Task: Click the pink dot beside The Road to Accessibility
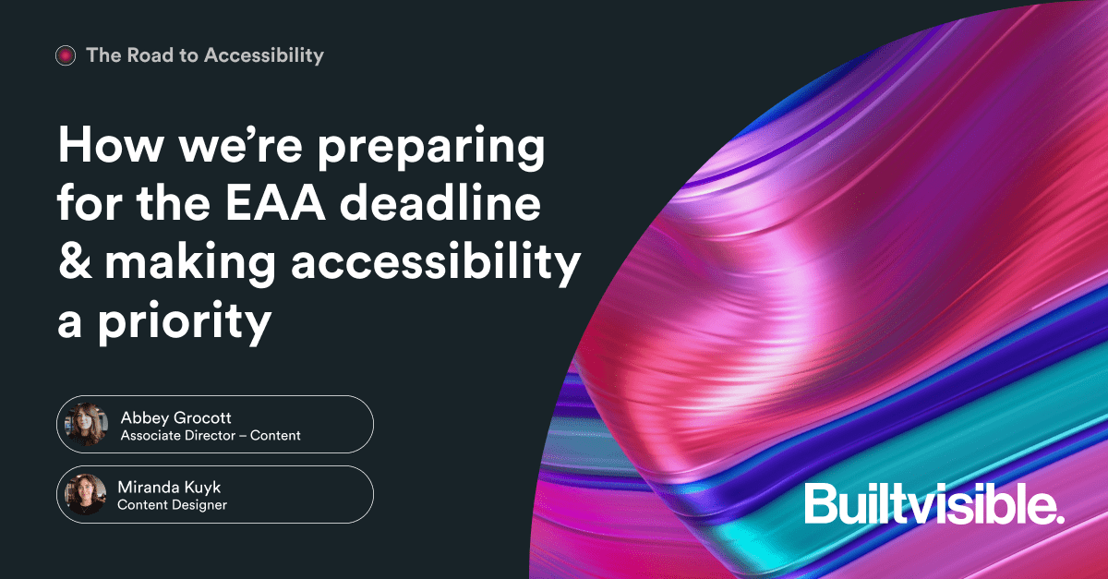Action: coord(66,55)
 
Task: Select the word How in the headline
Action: coord(110,144)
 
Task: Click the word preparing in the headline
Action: coord(431,149)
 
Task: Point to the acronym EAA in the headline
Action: coord(275,203)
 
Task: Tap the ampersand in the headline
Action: coord(75,260)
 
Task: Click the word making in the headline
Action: coord(190,265)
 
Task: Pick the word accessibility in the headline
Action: coord(436,265)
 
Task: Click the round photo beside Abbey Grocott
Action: coord(87,424)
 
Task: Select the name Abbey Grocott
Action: coord(175,418)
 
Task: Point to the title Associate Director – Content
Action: coord(211,436)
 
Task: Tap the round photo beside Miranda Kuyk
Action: coord(86,494)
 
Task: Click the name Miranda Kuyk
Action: coord(169,488)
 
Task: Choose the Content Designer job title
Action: coord(172,505)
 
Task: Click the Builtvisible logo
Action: coord(933,503)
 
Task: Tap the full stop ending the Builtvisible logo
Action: coord(1059,518)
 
